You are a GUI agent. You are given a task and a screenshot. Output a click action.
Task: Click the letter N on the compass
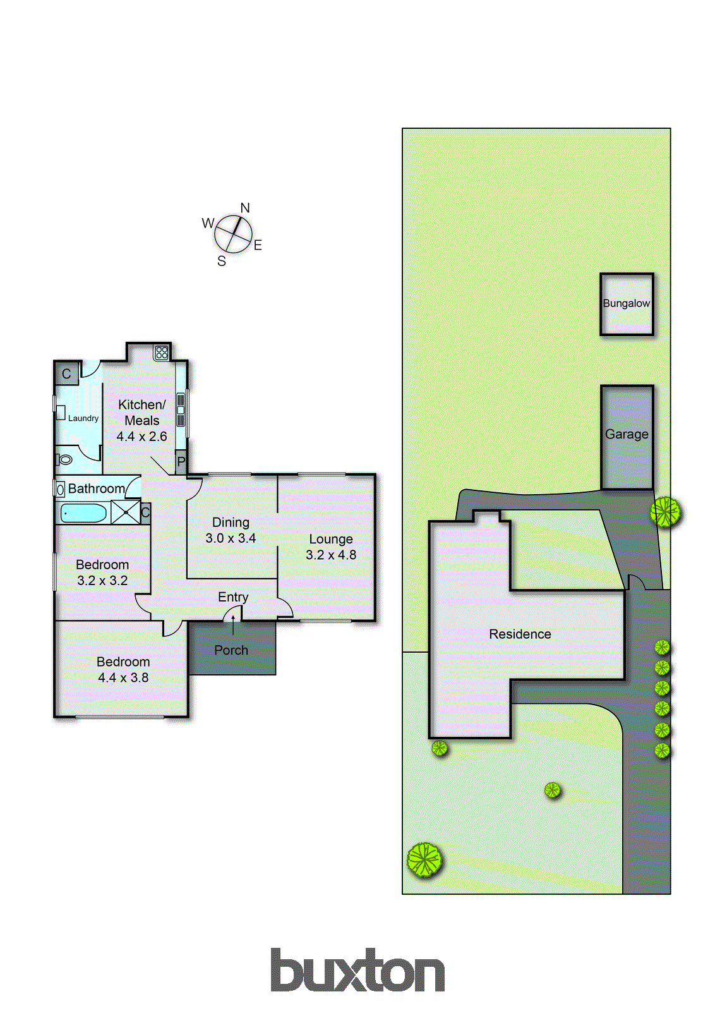[245, 208]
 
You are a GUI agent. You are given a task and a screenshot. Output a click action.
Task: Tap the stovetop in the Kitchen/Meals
[162, 352]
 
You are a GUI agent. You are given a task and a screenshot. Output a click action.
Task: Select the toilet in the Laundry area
[65, 459]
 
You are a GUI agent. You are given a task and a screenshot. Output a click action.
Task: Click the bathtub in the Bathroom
[83, 512]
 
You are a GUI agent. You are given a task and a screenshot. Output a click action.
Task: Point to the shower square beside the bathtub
[125, 512]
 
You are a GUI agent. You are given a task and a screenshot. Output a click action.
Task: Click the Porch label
[231, 650]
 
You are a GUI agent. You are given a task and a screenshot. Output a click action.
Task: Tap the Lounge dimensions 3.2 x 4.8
[331, 555]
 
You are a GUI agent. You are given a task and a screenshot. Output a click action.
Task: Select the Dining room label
[231, 523]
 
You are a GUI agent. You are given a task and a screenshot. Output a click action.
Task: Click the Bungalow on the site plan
[627, 304]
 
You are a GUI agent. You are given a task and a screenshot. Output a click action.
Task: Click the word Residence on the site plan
[520, 634]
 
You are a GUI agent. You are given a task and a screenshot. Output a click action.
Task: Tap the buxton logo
[357, 971]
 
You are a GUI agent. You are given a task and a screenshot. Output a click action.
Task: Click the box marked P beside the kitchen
[181, 462]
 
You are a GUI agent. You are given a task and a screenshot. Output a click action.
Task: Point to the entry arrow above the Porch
[233, 624]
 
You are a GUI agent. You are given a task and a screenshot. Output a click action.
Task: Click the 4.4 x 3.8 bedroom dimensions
[123, 678]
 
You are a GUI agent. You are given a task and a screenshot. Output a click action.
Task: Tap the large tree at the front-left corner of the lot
[424, 860]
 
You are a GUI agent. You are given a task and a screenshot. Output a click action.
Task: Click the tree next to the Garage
[666, 511]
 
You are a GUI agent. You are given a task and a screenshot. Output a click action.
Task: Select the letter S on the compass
[222, 261]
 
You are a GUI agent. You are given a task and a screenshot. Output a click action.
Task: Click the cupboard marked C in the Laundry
[66, 374]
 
